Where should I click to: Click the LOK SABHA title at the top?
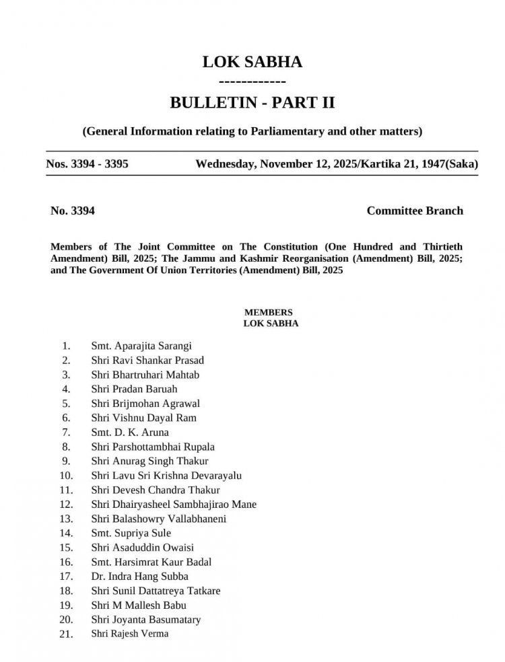coord(252,63)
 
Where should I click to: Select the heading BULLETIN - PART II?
coord(252,103)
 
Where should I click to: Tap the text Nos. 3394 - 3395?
coord(83,164)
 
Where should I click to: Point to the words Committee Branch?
coord(415,211)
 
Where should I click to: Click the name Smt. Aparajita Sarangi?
coord(141,346)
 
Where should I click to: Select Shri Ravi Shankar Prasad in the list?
coord(147,360)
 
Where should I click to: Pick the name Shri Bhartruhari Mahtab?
coord(145,375)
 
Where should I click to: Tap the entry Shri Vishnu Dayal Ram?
coord(144,418)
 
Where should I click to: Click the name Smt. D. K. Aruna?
coord(130,432)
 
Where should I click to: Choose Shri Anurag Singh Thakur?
coord(149,461)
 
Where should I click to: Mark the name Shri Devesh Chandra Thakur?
coord(156,490)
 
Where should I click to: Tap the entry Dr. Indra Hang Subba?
coord(139,576)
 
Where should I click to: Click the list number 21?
coord(66,634)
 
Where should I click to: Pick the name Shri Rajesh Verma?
coord(130,634)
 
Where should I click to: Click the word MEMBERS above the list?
coord(268,312)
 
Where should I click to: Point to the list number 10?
coord(66,475)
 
